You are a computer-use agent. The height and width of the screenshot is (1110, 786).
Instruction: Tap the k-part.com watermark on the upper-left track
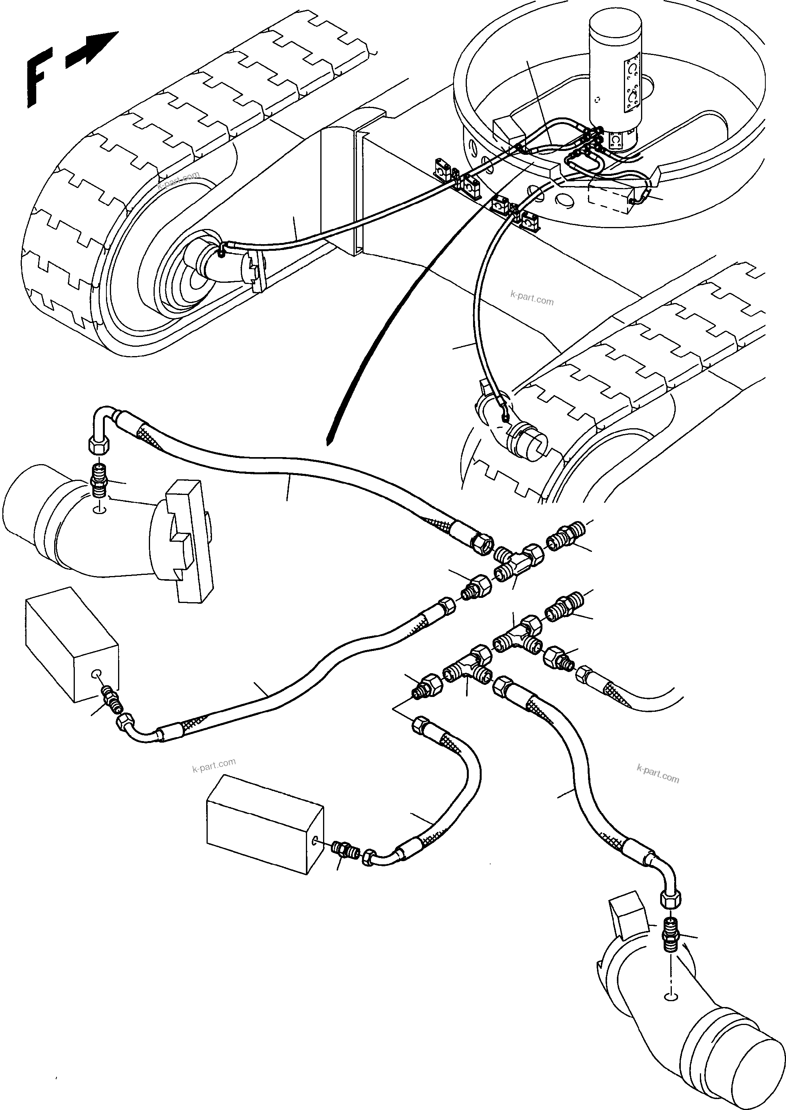pos(178,181)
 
